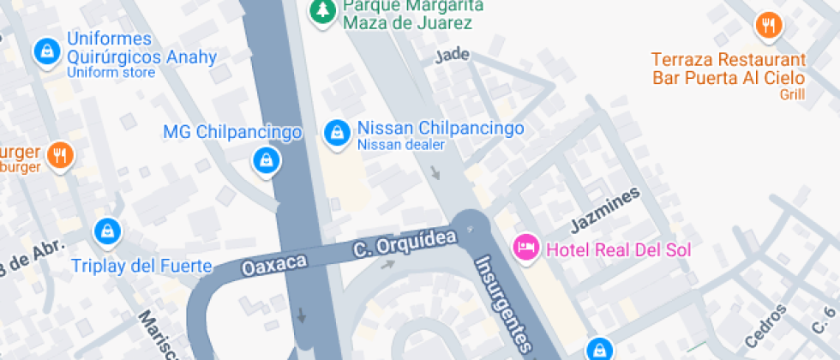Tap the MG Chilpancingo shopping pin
click(x=266, y=160)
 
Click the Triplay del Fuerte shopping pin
click(x=107, y=231)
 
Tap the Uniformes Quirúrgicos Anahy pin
click(x=45, y=51)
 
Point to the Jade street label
click(x=453, y=57)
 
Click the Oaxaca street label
click(x=274, y=263)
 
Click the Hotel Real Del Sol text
click(x=618, y=250)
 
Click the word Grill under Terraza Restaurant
click(x=792, y=94)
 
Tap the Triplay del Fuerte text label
click(x=141, y=266)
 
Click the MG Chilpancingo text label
click(x=231, y=133)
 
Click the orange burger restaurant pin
click(x=59, y=155)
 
